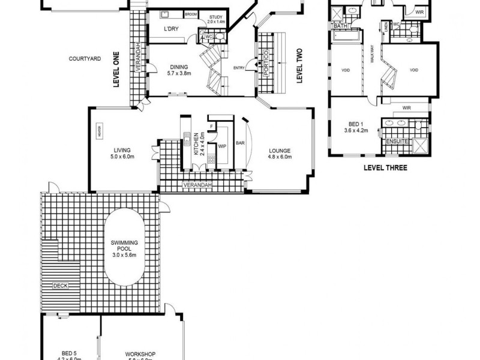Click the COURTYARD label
[84, 58]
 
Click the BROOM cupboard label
[191, 14]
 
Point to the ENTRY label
[238, 67]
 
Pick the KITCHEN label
[196, 145]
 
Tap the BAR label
[240, 144]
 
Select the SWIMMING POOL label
[125, 245]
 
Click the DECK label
[61, 286]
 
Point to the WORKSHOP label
[140, 354]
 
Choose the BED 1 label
[355, 126]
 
